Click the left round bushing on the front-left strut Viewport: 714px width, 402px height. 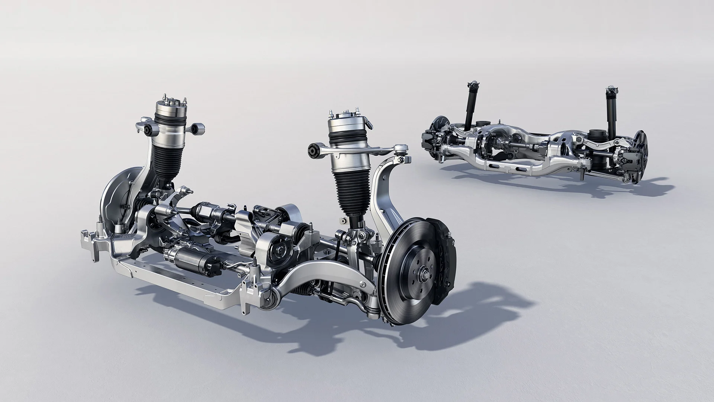[150, 130]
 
